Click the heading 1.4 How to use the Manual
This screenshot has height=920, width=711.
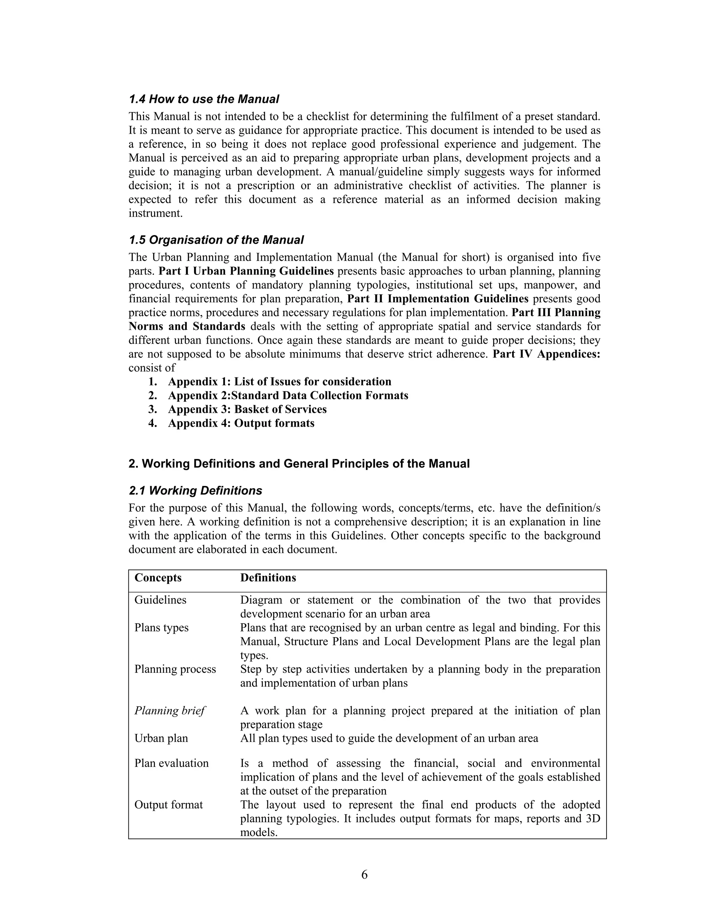[203, 99]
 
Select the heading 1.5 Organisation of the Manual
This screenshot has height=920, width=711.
[216, 240]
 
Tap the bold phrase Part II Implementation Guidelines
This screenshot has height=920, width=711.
[438, 299]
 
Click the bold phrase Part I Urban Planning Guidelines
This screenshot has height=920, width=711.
[246, 271]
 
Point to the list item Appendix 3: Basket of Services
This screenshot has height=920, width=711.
[247, 409]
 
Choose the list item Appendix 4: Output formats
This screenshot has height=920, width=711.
[241, 423]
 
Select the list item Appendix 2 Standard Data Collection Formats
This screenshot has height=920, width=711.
[288, 395]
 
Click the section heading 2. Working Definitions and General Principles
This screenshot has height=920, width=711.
[299, 464]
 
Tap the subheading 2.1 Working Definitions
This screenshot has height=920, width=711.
[195, 491]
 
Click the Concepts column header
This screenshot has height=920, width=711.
[158, 578]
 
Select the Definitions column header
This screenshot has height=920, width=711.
[268, 578]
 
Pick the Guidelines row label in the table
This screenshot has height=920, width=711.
[160, 600]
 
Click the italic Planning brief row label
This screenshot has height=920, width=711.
[169, 711]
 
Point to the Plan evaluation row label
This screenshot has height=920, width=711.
[172, 763]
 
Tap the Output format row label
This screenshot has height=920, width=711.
[168, 805]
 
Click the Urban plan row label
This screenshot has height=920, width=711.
[161, 738]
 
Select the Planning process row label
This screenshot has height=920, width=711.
[175, 669]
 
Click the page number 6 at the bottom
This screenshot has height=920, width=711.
[364, 875]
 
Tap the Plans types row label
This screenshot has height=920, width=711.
[161, 628]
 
